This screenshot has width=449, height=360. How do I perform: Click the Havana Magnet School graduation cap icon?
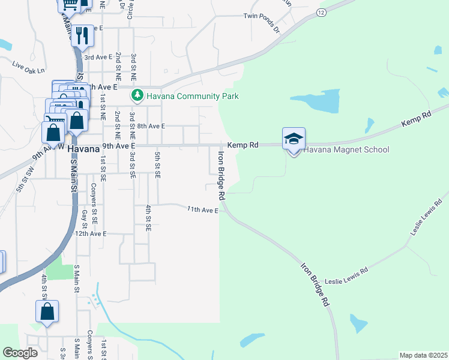[x=294, y=139]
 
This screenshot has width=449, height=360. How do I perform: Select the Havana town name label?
[x=83, y=148]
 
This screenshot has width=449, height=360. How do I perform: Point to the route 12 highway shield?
[x=322, y=12]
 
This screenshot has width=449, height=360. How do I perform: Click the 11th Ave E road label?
[x=202, y=209]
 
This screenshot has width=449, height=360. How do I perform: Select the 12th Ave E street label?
[x=90, y=233]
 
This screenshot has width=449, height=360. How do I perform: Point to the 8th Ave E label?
[x=151, y=127]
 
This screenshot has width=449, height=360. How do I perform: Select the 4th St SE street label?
[x=148, y=218]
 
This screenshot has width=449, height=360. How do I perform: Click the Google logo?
[x=20, y=353]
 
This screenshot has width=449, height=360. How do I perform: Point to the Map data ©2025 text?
[x=423, y=355]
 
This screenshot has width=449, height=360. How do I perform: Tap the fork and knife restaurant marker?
[x=83, y=35]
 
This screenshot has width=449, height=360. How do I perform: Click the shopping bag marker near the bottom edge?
[x=47, y=312]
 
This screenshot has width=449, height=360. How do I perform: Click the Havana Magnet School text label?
[x=347, y=150]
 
